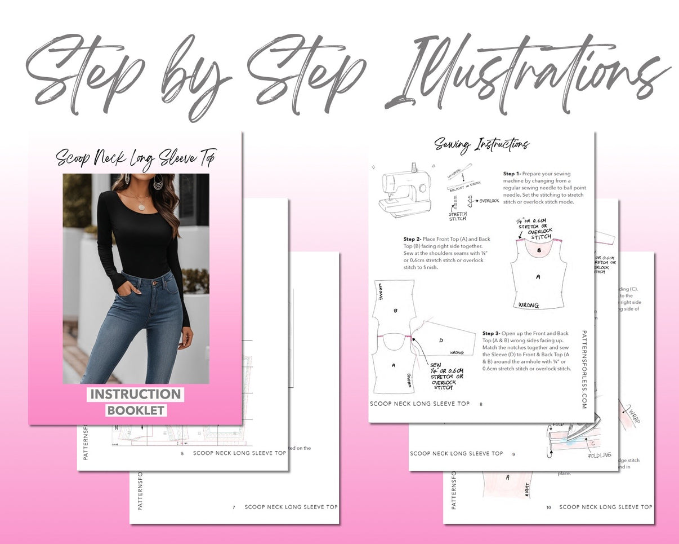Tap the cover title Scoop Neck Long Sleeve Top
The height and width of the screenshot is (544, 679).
[135, 157]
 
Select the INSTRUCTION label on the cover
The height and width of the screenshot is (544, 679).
[135, 394]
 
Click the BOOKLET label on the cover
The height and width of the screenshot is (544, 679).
[136, 410]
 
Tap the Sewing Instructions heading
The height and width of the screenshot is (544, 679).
[481, 144]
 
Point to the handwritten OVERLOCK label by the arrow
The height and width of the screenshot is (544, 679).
[489, 201]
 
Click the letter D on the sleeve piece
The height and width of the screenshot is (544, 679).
[441, 340]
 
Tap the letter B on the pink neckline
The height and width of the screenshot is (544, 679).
[538, 249]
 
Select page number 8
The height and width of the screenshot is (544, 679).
[481, 404]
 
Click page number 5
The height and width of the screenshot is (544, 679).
[182, 453]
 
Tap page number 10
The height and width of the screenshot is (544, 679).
[548, 507]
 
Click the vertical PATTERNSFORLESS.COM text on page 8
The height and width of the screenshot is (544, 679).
[584, 369]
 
